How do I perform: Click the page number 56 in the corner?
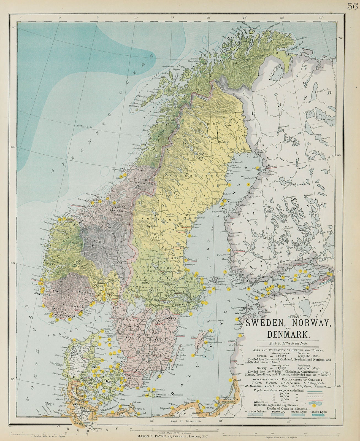point(352,6)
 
